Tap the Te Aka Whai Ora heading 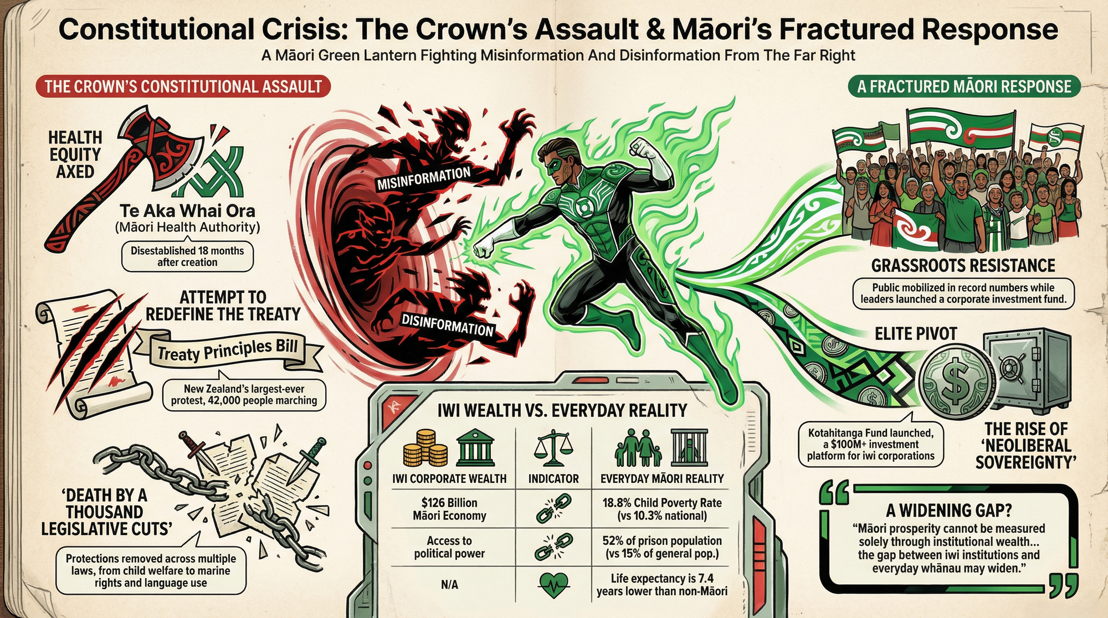187,211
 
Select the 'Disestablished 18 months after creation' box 187,256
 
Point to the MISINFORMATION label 424,178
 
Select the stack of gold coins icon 425,449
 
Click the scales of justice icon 553,449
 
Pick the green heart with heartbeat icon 553,584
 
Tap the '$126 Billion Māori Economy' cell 449,509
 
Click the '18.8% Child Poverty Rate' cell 662,509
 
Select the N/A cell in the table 449,584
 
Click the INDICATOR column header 553,478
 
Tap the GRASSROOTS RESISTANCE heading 963,266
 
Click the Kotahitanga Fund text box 871,444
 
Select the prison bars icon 689,447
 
